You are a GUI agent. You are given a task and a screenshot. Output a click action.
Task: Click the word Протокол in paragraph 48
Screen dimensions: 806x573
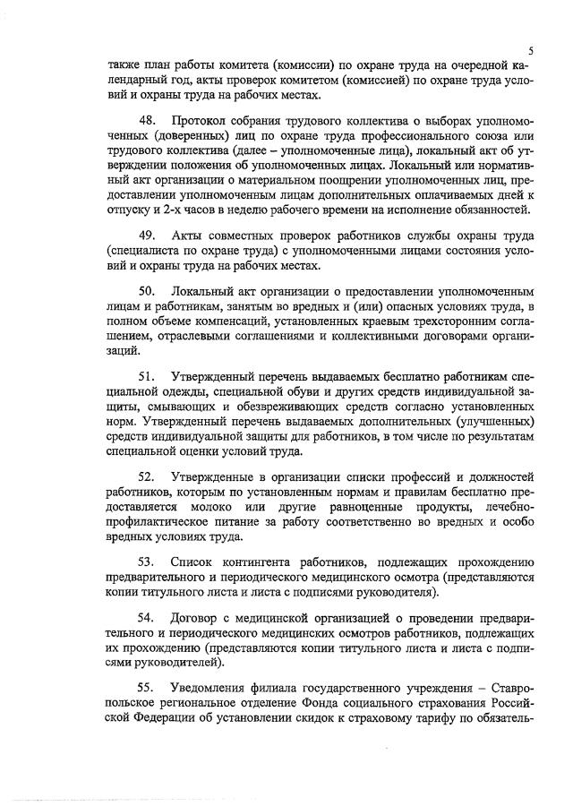(201, 120)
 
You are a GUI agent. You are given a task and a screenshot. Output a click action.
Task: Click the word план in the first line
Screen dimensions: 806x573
(161, 64)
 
